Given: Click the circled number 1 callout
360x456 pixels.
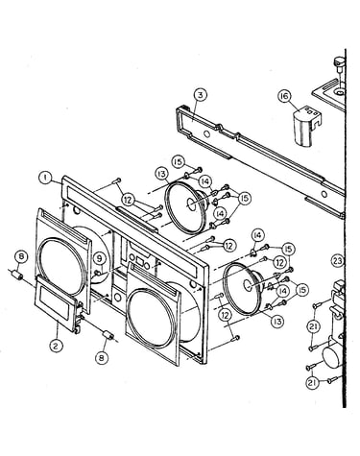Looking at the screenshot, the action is point(46,178).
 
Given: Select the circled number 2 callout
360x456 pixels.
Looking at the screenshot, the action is point(56,346).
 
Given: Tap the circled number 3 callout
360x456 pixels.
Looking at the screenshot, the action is point(200,95).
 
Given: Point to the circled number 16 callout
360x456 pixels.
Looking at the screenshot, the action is point(285,96).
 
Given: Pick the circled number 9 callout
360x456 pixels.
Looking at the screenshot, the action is point(100,258).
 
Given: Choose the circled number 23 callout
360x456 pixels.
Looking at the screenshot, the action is point(338,261).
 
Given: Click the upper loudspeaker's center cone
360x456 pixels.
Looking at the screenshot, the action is point(193,204).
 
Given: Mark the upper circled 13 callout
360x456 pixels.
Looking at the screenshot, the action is point(162,175).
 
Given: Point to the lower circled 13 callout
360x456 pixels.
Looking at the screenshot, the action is point(277,321).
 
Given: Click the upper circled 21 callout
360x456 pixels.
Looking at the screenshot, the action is point(313,327).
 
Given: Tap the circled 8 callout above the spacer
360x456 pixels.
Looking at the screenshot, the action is point(21,257).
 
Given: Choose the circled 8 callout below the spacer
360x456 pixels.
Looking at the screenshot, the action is point(102,357).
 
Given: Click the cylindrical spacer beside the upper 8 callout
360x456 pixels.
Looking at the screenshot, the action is point(17,275).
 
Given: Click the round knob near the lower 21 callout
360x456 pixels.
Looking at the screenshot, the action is point(332,357).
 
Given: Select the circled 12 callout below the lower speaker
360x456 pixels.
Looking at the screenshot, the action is point(226,316).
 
